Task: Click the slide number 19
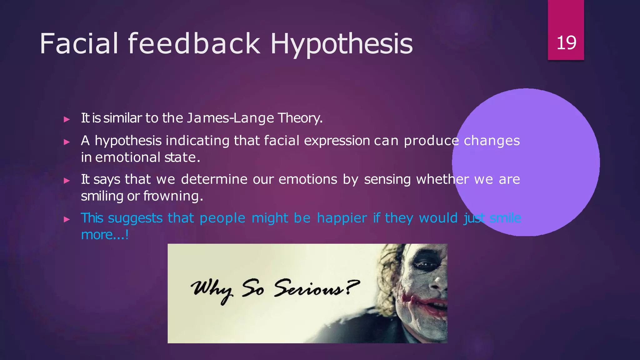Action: click(566, 43)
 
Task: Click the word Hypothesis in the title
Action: click(342, 44)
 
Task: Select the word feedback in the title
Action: click(194, 43)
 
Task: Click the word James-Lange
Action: click(230, 118)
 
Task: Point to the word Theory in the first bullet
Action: click(299, 118)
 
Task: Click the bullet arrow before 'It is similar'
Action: click(66, 119)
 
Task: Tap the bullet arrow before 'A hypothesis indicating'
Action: click(66, 142)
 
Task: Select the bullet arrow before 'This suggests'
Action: click(66, 219)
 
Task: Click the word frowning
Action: click(173, 196)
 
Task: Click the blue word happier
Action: click(342, 218)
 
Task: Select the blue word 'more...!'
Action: click(105, 235)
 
